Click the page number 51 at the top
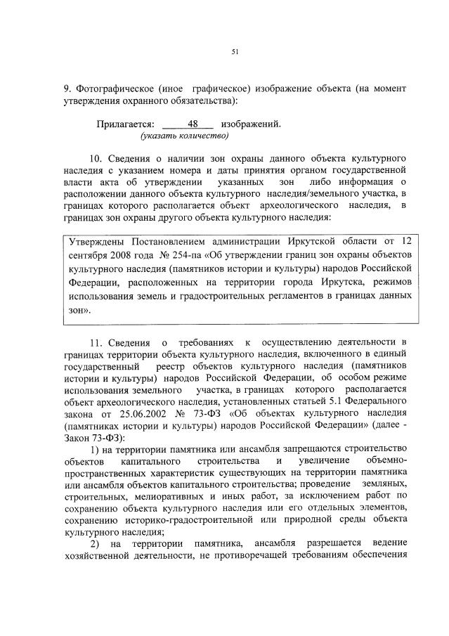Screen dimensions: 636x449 coord(235,51)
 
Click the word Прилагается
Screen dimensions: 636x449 coord(125,124)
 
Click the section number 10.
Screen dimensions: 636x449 coord(97,156)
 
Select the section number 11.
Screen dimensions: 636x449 coord(97,342)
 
